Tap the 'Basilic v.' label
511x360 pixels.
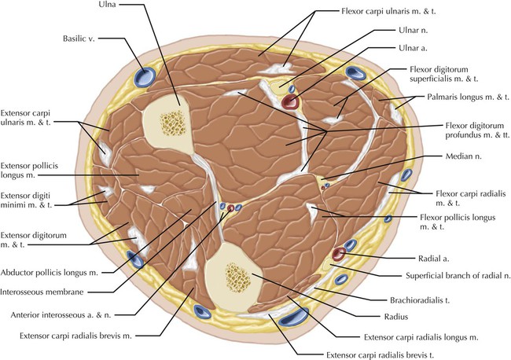point(80,38)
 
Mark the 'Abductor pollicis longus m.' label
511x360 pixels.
point(57,276)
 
